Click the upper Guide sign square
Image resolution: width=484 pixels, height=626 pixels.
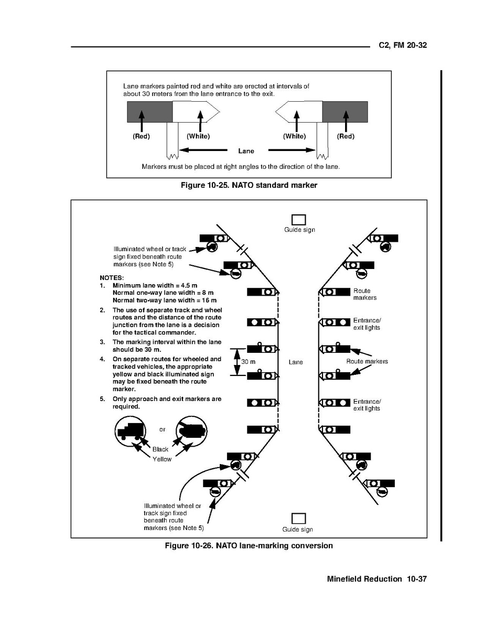click(298, 220)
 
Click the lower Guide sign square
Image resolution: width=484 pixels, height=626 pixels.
click(298, 519)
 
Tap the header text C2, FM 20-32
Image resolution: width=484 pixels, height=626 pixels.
click(403, 46)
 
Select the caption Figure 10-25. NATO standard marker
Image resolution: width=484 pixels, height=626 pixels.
click(249, 185)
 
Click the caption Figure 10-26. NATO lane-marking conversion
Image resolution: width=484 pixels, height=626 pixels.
click(249, 546)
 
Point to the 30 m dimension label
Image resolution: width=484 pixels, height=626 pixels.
click(248, 362)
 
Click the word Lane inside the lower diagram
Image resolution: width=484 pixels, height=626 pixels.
click(296, 362)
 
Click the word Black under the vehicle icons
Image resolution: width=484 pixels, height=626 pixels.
click(160, 449)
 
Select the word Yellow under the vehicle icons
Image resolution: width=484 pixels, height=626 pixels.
click(162, 459)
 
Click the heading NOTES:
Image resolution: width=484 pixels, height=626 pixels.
click(112, 277)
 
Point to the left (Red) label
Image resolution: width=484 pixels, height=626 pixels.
click(141, 136)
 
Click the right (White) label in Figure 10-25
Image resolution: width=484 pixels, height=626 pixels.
click(294, 136)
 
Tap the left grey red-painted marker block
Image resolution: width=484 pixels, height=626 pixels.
click(150, 112)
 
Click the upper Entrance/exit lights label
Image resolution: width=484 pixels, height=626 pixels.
click(367, 324)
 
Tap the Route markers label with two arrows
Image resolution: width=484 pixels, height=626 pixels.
click(367, 362)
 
